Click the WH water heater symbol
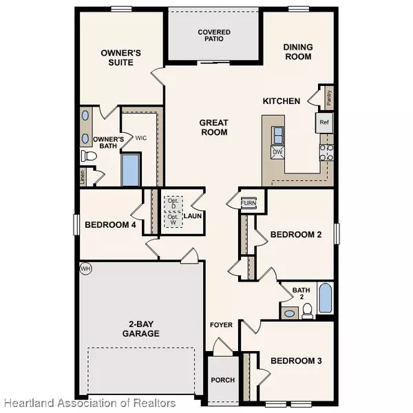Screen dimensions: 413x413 85,268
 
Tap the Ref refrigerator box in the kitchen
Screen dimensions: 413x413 324,123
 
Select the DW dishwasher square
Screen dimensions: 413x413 277,152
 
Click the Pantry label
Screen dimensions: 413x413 329,98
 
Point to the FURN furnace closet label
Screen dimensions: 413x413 248,203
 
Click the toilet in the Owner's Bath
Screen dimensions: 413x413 89,156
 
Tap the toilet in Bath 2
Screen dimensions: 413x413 307,311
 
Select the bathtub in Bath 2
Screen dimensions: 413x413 326,298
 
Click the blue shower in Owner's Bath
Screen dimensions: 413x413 131,170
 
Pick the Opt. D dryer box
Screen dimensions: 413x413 173,204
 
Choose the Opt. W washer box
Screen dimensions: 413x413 173,220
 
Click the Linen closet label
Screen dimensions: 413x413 83,177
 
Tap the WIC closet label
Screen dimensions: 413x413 141,138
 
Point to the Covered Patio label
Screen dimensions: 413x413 214,35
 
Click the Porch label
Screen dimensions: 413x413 223,380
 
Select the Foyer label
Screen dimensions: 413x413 221,325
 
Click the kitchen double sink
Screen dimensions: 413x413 277,135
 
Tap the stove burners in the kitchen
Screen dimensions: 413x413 326,153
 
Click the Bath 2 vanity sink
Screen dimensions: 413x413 290,313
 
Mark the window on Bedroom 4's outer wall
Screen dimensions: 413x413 76,224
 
